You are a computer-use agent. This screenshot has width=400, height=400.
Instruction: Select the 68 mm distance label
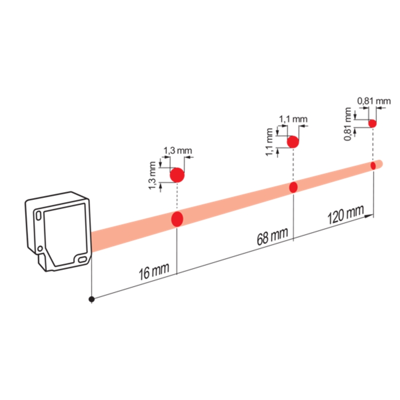coord(272,236)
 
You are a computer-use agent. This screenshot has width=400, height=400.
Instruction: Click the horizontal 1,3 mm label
coord(177,150)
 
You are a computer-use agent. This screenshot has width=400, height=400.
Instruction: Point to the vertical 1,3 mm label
coord(152,175)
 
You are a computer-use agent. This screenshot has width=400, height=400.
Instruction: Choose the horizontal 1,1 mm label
coord(293,119)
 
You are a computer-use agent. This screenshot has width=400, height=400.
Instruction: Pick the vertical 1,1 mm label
coord(269,142)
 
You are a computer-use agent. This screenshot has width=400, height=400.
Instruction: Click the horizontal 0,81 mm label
coord(374,101)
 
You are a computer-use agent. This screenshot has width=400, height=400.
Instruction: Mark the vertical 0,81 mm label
coord(347,124)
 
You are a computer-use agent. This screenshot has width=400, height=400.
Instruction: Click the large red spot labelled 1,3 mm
coord(177,175)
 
